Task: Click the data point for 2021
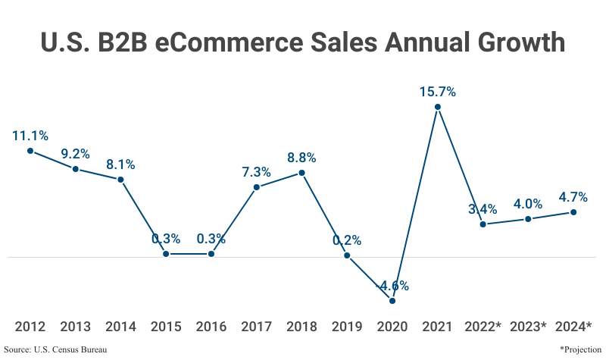(438, 107)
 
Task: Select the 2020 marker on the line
(392, 301)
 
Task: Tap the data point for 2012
(30, 151)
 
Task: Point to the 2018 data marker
(301, 173)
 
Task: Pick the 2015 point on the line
(166, 253)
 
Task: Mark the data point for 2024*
(573, 212)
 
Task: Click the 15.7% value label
(438, 92)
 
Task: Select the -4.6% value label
(393, 286)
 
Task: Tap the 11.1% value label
(30, 136)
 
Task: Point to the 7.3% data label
(257, 172)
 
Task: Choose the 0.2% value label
(347, 240)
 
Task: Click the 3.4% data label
(483, 209)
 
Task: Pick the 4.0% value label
(528, 204)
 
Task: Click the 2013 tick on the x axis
(76, 327)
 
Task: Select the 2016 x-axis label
(211, 327)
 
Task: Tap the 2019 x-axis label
(347, 327)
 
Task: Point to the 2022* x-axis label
(483, 327)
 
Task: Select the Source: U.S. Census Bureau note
(55, 349)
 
